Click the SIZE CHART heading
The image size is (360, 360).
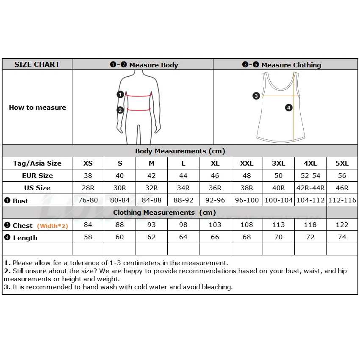(x=37, y=64)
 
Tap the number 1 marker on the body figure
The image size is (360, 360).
(x=120, y=94)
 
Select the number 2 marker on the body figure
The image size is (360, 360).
(x=120, y=110)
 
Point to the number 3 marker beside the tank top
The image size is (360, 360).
(x=256, y=96)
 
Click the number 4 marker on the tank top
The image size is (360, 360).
(x=288, y=108)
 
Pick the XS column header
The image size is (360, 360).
(x=88, y=163)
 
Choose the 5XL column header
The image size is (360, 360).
(x=342, y=163)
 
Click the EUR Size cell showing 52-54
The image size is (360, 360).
(x=310, y=176)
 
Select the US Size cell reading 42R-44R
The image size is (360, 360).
(x=310, y=188)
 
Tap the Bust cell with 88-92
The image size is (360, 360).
(x=183, y=200)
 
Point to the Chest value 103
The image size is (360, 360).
(x=215, y=225)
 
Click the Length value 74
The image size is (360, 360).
(x=342, y=237)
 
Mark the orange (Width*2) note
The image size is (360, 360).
(x=53, y=226)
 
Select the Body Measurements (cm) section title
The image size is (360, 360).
(x=180, y=151)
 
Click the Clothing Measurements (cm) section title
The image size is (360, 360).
(x=164, y=213)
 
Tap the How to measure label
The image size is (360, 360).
(x=37, y=108)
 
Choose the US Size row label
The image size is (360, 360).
(x=37, y=188)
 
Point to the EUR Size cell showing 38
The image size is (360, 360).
(x=88, y=176)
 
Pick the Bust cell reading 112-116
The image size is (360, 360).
(x=342, y=200)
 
